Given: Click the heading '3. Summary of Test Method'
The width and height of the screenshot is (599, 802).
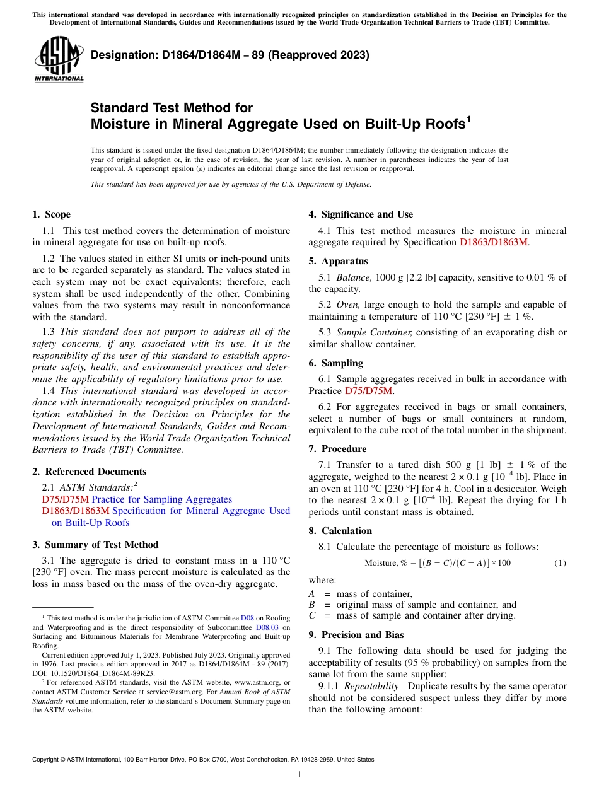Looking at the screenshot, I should [x=95, y=545].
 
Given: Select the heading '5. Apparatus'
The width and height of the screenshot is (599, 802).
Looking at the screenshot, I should [x=338, y=261].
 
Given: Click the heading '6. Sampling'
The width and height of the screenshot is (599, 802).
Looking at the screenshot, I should [x=335, y=363].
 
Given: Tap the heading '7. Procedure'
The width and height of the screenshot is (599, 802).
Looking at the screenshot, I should [x=337, y=449].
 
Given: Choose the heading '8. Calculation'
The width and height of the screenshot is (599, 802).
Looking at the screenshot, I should [x=340, y=531].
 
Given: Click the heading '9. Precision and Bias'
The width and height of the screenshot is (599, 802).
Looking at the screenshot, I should [x=356, y=635].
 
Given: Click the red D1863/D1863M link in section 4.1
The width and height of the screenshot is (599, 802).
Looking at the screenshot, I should [x=494, y=242].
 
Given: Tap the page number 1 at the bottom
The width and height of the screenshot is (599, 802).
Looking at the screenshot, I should [x=299, y=774].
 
